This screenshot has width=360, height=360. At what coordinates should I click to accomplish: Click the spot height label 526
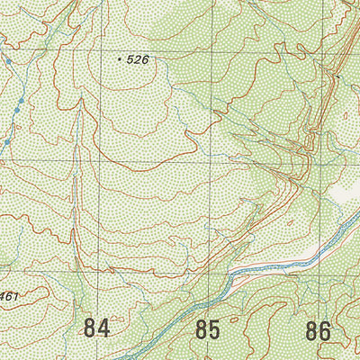click(137, 59)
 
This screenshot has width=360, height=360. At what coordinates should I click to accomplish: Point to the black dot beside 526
click(120, 58)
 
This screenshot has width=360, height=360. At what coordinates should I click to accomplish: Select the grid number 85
click(207, 329)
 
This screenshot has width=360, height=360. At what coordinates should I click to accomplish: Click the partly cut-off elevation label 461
click(9, 297)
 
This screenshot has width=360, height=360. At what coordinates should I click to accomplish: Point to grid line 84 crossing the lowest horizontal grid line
click(98, 272)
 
